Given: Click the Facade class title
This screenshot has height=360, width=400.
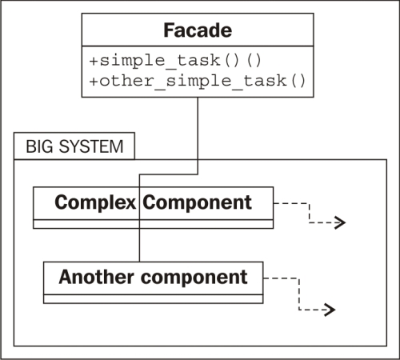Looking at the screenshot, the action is (x=198, y=30).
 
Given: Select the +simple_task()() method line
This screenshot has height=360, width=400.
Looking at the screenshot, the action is (x=175, y=61).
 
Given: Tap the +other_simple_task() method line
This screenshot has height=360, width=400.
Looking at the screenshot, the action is (x=198, y=81).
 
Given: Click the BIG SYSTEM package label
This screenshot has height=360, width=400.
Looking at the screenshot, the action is (x=74, y=146).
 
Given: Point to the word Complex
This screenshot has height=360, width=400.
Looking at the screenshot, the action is (x=95, y=202).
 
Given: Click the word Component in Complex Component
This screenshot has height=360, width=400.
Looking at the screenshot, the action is (x=197, y=202).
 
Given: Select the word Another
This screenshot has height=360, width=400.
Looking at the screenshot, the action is (x=96, y=277).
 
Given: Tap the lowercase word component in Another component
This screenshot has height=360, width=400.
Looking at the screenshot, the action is (x=194, y=278).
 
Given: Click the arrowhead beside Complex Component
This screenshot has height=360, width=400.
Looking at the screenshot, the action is (x=340, y=222).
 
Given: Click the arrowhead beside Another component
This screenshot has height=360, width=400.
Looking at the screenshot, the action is (x=330, y=310).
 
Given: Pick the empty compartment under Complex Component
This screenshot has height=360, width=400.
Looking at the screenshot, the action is (x=154, y=224).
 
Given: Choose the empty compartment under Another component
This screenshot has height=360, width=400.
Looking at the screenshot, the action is (x=154, y=299).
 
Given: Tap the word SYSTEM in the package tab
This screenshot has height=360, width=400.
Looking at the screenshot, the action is (x=91, y=146).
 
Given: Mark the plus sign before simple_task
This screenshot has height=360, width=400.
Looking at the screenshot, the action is (x=94, y=61).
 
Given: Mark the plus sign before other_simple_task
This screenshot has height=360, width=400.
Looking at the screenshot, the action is (x=94, y=81).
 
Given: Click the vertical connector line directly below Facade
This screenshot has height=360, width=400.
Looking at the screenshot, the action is (x=198, y=136).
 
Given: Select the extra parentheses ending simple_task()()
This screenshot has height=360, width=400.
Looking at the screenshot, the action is (x=254, y=61).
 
